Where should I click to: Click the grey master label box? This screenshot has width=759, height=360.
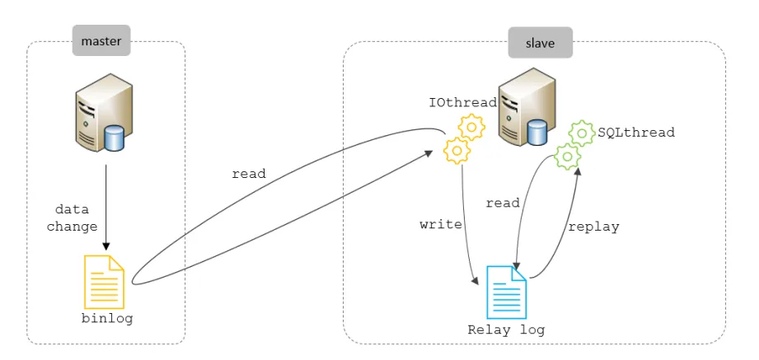(102, 41)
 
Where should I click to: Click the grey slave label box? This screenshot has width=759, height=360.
(540, 42)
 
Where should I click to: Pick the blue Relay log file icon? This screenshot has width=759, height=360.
(506, 292)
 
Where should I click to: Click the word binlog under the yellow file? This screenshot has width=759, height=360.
(106, 318)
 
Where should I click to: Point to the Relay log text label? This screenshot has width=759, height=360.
(506, 330)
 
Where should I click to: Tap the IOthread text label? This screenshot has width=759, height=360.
(462, 103)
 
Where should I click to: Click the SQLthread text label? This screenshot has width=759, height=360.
(636, 132)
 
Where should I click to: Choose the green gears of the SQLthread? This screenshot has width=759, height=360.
(574, 144)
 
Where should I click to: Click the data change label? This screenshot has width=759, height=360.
(72, 217)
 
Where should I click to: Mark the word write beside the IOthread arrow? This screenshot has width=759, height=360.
(441, 224)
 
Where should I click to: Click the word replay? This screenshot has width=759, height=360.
(593, 226)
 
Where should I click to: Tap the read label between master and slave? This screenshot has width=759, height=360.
(248, 174)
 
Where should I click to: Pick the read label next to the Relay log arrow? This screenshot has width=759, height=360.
(503, 203)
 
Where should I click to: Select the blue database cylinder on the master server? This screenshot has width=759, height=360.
(114, 138)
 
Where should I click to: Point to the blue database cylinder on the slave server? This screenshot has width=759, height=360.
(537, 132)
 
